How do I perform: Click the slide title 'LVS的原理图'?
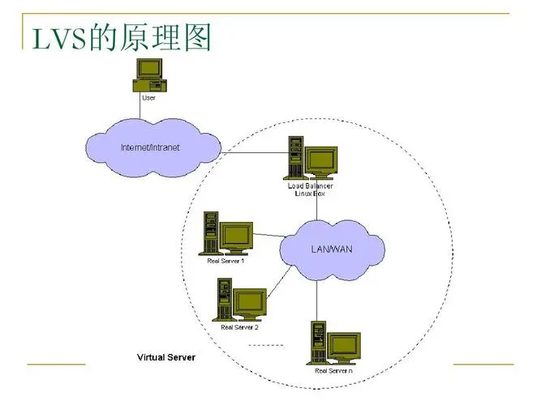coord(122,37)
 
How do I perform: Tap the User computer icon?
coord(150,75)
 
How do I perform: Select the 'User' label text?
coord(149,97)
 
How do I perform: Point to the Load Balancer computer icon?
coord(311,158)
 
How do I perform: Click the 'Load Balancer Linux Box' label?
coord(311,190)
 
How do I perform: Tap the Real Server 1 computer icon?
coord(228,234)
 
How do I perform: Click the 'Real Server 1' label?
coord(226,261)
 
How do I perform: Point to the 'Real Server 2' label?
coord(239,327)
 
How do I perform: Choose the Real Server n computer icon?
coord(333,343)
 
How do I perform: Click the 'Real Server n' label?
coord(333,370)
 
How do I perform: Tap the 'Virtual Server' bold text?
coord(165,357)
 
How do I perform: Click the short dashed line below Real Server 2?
coord(265,346)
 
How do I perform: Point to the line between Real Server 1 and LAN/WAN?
coord(268,237)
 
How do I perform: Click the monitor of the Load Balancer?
coord(321,159)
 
